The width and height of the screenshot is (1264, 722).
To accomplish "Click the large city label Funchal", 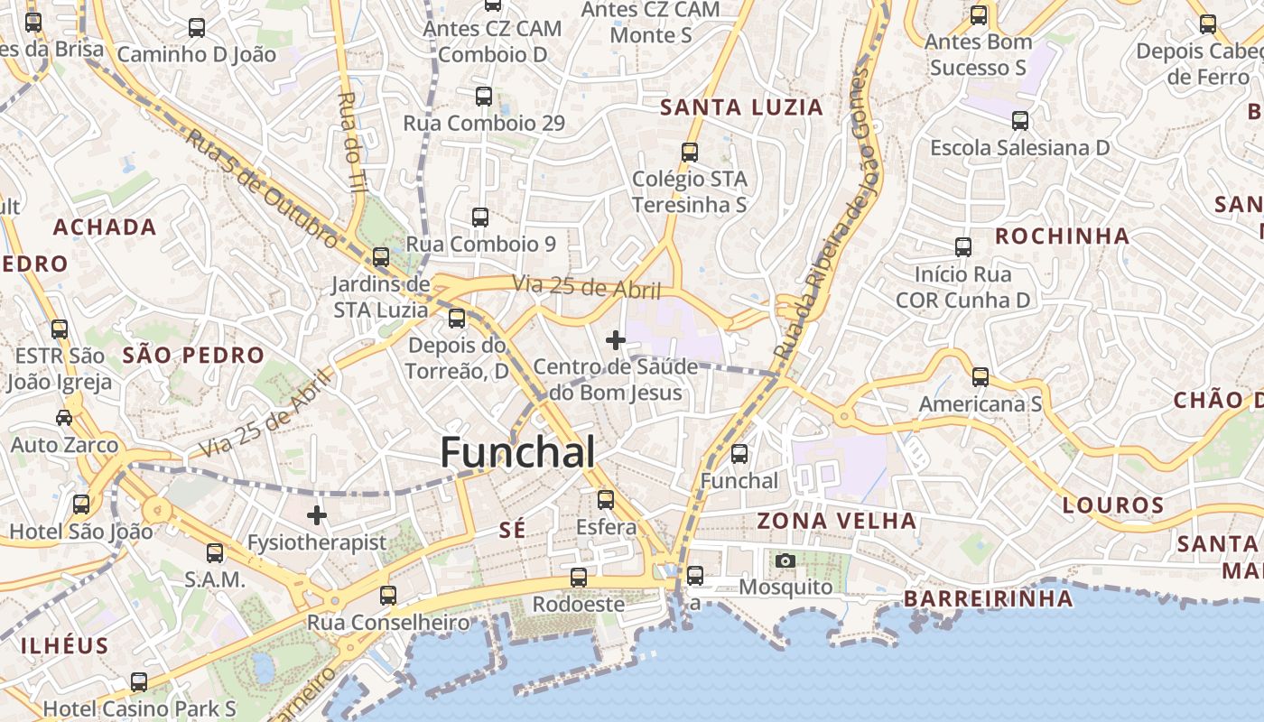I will [x=517, y=452].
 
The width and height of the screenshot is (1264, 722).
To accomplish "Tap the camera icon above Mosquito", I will [x=785, y=561].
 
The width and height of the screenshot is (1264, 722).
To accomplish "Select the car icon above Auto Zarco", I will [x=64, y=418].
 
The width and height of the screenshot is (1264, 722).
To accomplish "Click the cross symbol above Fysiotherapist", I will [x=317, y=516].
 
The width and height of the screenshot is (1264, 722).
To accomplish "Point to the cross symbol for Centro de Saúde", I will [x=616, y=340].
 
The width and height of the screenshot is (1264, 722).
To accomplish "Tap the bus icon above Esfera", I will [x=606, y=499].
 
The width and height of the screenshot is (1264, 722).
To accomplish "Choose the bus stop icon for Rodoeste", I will [x=579, y=578].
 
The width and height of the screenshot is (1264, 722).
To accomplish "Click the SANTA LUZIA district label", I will [x=742, y=107].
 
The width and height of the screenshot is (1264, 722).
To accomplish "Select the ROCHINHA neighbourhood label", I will [x=1062, y=236].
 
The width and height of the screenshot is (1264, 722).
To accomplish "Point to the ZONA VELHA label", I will [x=837, y=521].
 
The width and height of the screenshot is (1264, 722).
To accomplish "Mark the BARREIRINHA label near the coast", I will [x=989, y=598].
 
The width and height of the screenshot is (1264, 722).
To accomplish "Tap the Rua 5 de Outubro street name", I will [x=261, y=188].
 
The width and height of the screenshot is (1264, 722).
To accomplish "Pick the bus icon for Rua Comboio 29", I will [x=484, y=97].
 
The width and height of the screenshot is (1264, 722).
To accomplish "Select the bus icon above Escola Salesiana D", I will [x=1020, y=121].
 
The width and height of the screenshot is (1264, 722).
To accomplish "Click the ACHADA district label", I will [x=105, y=227].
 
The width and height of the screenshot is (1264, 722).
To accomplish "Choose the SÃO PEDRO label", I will [x=193, y=355].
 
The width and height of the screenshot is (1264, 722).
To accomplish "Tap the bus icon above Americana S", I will [x=981, y=377].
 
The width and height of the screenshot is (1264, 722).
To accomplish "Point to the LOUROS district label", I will [x=1113, y=505].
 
